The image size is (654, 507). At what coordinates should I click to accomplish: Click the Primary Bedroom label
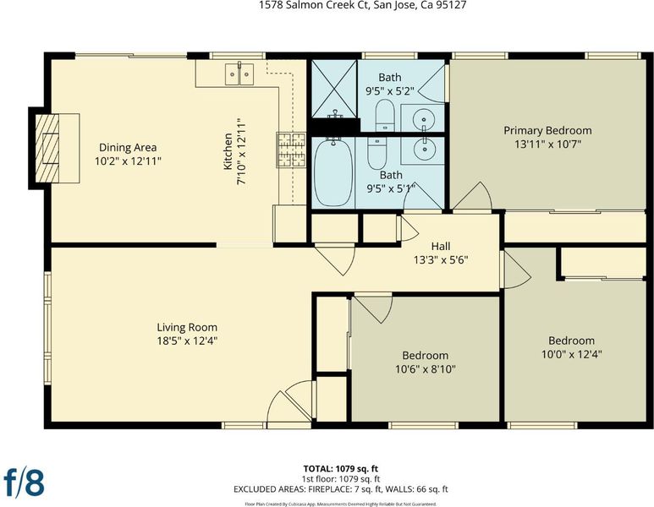pos(547,130)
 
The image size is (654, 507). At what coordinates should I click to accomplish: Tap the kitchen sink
pos(239,74)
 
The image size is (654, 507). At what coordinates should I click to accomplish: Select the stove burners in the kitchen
pos(292,150)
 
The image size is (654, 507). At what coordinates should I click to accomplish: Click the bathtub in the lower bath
pos(332,172)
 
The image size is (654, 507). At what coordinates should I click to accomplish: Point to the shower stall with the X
pos(334,89)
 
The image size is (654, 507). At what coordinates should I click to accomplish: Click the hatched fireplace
pos(47,149)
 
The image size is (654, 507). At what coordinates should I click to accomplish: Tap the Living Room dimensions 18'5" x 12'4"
pos(187,341)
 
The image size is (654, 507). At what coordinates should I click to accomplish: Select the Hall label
pos(441,246)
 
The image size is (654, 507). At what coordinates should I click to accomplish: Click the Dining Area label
pos(128,148)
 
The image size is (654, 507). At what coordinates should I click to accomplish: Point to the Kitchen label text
pos(228,151)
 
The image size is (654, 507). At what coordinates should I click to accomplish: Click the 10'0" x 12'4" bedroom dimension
pos(571,355)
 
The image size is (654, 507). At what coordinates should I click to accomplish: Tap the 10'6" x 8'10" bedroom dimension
pos(425,369)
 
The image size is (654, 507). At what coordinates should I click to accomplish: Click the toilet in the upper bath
pos(385,116)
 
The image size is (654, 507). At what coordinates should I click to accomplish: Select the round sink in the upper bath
pos(423,119)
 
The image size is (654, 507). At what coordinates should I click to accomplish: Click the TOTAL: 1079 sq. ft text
pos(341,469)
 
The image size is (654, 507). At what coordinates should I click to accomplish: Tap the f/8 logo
pos(24,482)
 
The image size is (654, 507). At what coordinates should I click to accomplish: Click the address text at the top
pos(362,5)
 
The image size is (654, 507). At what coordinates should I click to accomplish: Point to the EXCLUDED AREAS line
pos(341,489)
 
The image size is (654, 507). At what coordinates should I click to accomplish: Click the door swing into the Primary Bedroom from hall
pos(474,196)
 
